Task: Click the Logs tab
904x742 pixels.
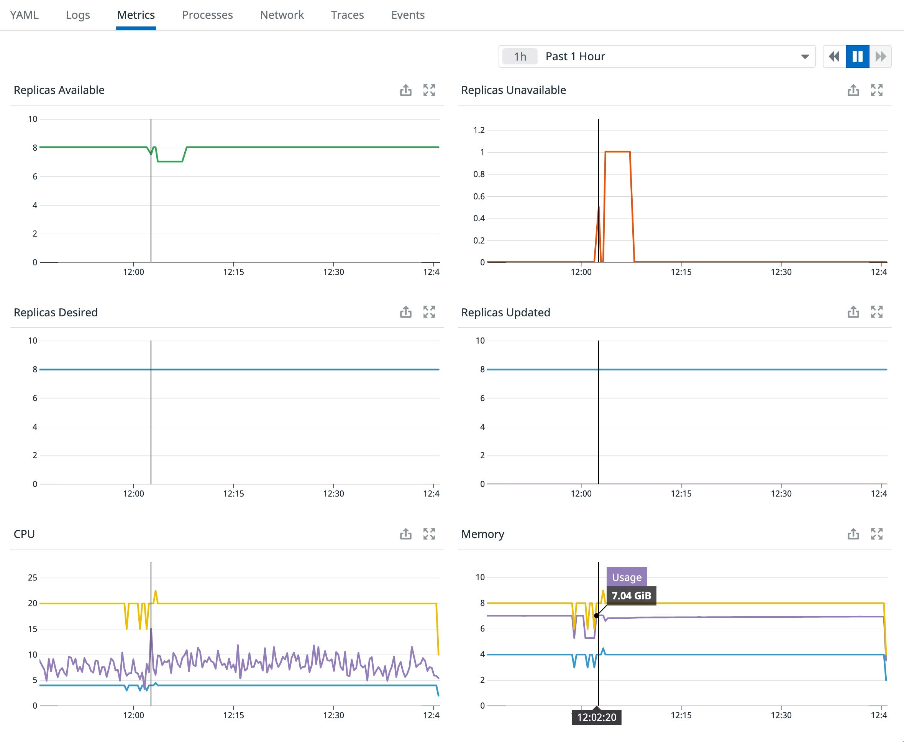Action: click(x=78, y=15)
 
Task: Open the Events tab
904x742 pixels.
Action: click(x=407, y=15)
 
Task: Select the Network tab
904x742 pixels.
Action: click(x=282, y=15)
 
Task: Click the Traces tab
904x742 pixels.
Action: click(x=347, y=15)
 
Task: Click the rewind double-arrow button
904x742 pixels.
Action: click(x=834, y=56)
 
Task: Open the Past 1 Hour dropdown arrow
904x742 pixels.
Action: click(x=804, y=56)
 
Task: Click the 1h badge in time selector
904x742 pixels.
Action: click(x=520, y=56)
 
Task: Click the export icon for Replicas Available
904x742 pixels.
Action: click(x=406, y=90)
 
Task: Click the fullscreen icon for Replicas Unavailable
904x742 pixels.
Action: click(x=876, y=90)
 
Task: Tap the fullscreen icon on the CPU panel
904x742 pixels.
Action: click(x=429, y=534)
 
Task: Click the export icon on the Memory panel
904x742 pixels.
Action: click(x=853, y=534)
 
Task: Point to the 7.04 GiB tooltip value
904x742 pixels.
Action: click(x=631, y=596)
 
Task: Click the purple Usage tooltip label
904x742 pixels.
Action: click(x=627, y=577)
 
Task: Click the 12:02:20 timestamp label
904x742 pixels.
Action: click(x=597, y=717)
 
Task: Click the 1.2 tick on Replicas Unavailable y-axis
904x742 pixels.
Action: click(x=479, y=130)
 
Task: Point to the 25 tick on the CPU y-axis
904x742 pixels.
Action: click(x=33, y=578)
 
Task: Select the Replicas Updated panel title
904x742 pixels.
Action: click(x=505, y=313)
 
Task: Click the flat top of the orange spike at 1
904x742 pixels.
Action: click(x=617, y=151)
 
